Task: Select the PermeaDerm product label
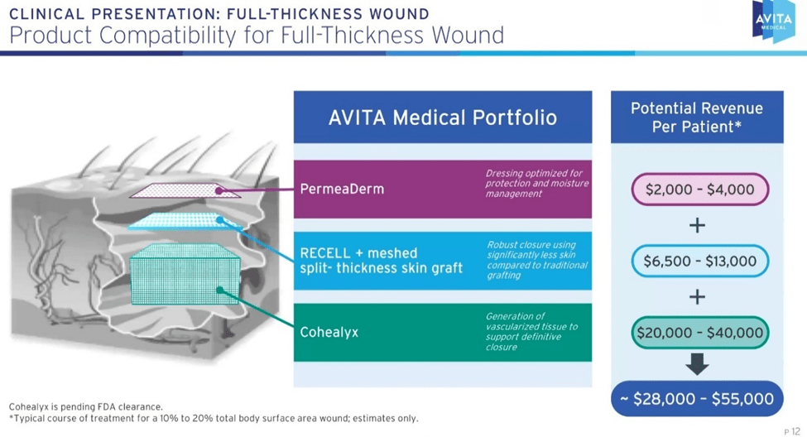click(342, 189)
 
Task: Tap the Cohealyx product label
click(329, 333)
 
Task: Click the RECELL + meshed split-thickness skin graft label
click(381, 260)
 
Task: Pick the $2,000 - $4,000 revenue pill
click(699, 190)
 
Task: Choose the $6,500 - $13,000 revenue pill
click(699, 261)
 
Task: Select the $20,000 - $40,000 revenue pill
click(699, 333)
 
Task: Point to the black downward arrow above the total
click(698, 364)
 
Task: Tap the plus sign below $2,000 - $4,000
click(698, 225)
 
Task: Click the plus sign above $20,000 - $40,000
click(698, 296)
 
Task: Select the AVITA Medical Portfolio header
click(443, 117)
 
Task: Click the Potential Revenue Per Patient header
click(697, 117)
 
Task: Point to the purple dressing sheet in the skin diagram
click(185, 190)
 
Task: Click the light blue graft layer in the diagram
click(178, 221)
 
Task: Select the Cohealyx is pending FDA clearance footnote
click(86, 406)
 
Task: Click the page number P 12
click(791, 430)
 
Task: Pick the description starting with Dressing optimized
click(536, 184)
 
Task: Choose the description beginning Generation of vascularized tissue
click(531, 332)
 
